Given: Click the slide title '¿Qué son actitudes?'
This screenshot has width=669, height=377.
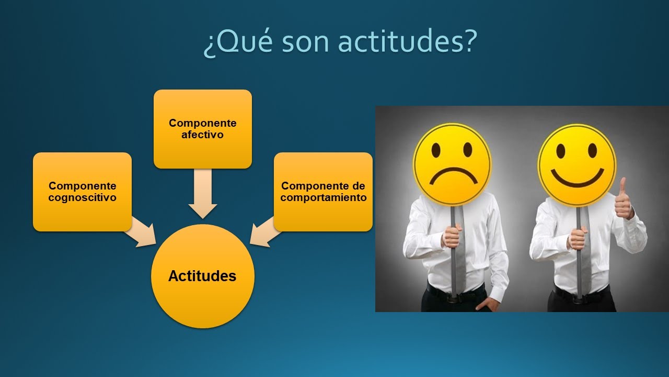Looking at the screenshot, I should (340, 42).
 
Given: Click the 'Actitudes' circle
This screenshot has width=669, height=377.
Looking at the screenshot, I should (202, 276).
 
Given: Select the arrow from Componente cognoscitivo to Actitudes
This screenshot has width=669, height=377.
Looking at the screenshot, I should (141, 232).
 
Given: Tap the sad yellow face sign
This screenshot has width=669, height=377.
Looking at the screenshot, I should (452, 164).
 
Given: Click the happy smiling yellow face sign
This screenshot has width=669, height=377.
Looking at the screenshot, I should (577, 165).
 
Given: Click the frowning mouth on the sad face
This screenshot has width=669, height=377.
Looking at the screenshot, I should (453, 177).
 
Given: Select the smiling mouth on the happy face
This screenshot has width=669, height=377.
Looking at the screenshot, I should (577, 178).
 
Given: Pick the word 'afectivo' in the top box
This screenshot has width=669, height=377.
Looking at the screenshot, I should (202, 135).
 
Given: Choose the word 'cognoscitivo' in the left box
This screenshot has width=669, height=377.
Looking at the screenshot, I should (82, 197).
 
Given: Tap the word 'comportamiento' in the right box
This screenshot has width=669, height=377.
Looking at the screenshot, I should (323, 197).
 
